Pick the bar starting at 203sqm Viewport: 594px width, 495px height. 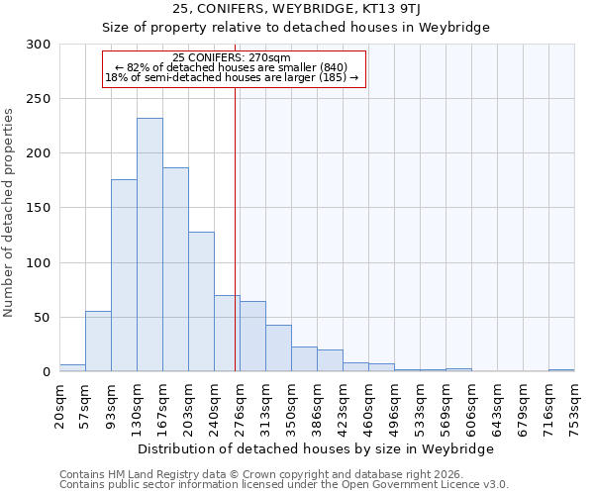[201, 302]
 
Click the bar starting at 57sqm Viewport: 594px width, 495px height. [98, 342]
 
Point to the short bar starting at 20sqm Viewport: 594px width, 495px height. [72, 368]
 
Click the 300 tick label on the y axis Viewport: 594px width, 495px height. [39, 45]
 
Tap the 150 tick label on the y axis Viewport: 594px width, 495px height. [39, 208]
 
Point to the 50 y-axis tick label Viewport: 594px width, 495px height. [43, 318]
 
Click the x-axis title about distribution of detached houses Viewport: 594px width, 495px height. [315, 448]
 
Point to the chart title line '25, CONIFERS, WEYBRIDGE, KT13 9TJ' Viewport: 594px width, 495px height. [297, 10]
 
